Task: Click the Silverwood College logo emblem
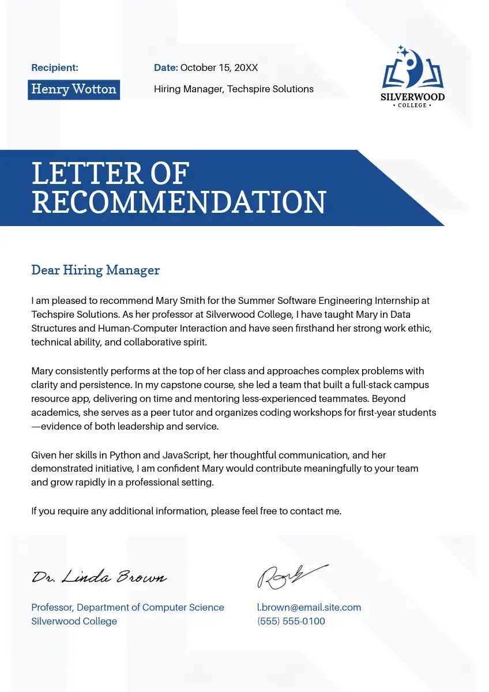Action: [x=412, y=69]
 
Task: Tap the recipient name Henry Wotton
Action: [x=74, y=89]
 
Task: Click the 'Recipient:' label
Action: [x=55, y=68]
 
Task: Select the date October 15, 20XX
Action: [x=219, y=68]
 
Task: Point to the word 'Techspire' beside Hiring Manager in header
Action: [x=249, y=89]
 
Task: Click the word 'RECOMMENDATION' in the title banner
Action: [x=179, y=202]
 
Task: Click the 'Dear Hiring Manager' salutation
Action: [x=95, y=270]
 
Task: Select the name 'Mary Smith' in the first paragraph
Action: [x=180, y=301]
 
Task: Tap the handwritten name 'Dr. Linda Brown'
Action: [x=99, y=577]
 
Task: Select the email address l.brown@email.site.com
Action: [x=309, y=607]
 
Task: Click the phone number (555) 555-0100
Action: [x=291, y=622]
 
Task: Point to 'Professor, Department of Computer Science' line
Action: [x=127, y=607]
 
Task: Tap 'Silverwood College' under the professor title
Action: [x=74, y=622]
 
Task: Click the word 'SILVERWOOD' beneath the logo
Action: [x=412, y=97]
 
